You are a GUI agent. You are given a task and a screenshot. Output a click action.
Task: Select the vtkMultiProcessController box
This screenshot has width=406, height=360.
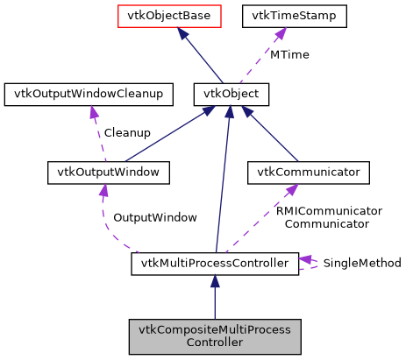click(x=214, y=263)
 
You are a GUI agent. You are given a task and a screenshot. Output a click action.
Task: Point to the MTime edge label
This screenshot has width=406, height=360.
click(x=288, y=54)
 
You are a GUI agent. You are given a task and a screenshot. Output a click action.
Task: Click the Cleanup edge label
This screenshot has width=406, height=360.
click(x=127, y=133)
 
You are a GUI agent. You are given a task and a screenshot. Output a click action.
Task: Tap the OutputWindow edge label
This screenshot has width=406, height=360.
click(x=154, y=216)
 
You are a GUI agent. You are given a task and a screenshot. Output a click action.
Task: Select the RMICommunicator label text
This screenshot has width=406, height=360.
click(x=328, y=211)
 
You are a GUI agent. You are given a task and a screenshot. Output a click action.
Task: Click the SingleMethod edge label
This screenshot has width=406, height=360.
click(x=362, y=263)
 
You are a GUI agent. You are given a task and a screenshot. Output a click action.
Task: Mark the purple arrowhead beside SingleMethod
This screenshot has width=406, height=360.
click(x=305, y=258)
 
